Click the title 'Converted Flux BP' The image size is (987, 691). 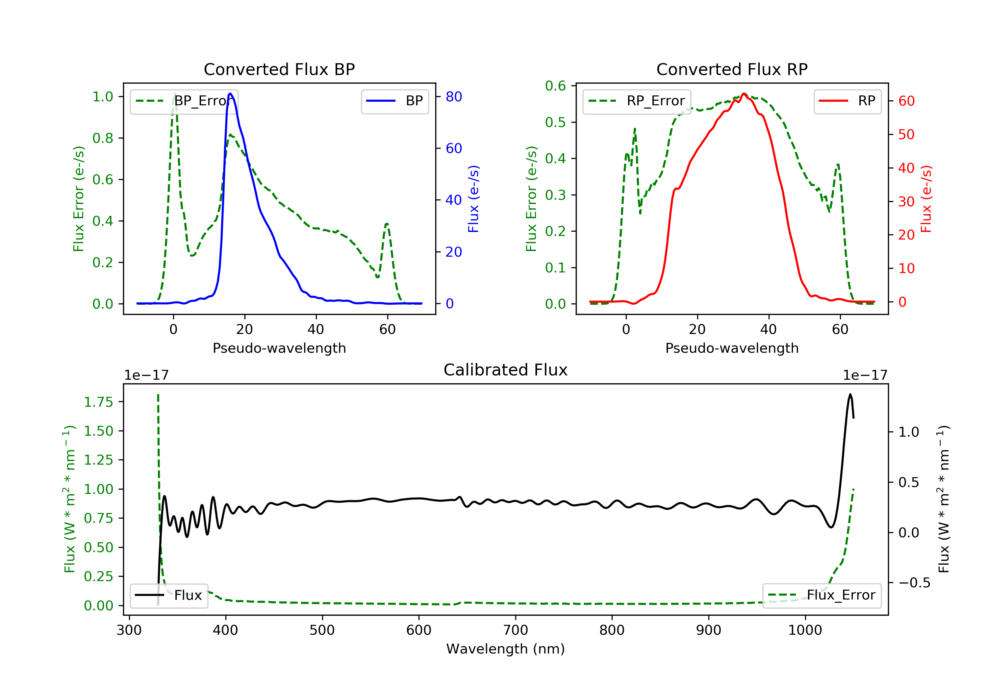coord(279,69)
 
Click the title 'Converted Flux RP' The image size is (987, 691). coord(732,69)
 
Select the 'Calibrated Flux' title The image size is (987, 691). coord(506,370)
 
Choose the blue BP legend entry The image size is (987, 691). coord(394,101)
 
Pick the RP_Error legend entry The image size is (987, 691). coord(637,101)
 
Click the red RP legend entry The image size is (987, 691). coord(847,101)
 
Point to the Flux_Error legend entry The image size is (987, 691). coord(822,595)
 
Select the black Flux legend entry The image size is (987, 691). coord(168,595)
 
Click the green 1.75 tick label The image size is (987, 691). coord(98,402)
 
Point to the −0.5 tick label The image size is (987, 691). coord(914,583)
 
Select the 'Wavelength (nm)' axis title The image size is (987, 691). coord(506,649)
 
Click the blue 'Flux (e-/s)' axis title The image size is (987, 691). coord(473,199)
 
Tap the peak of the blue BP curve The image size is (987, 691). coord(230,93)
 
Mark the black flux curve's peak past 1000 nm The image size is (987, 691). coord(850,394)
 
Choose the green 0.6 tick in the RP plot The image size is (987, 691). coord(555,86)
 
